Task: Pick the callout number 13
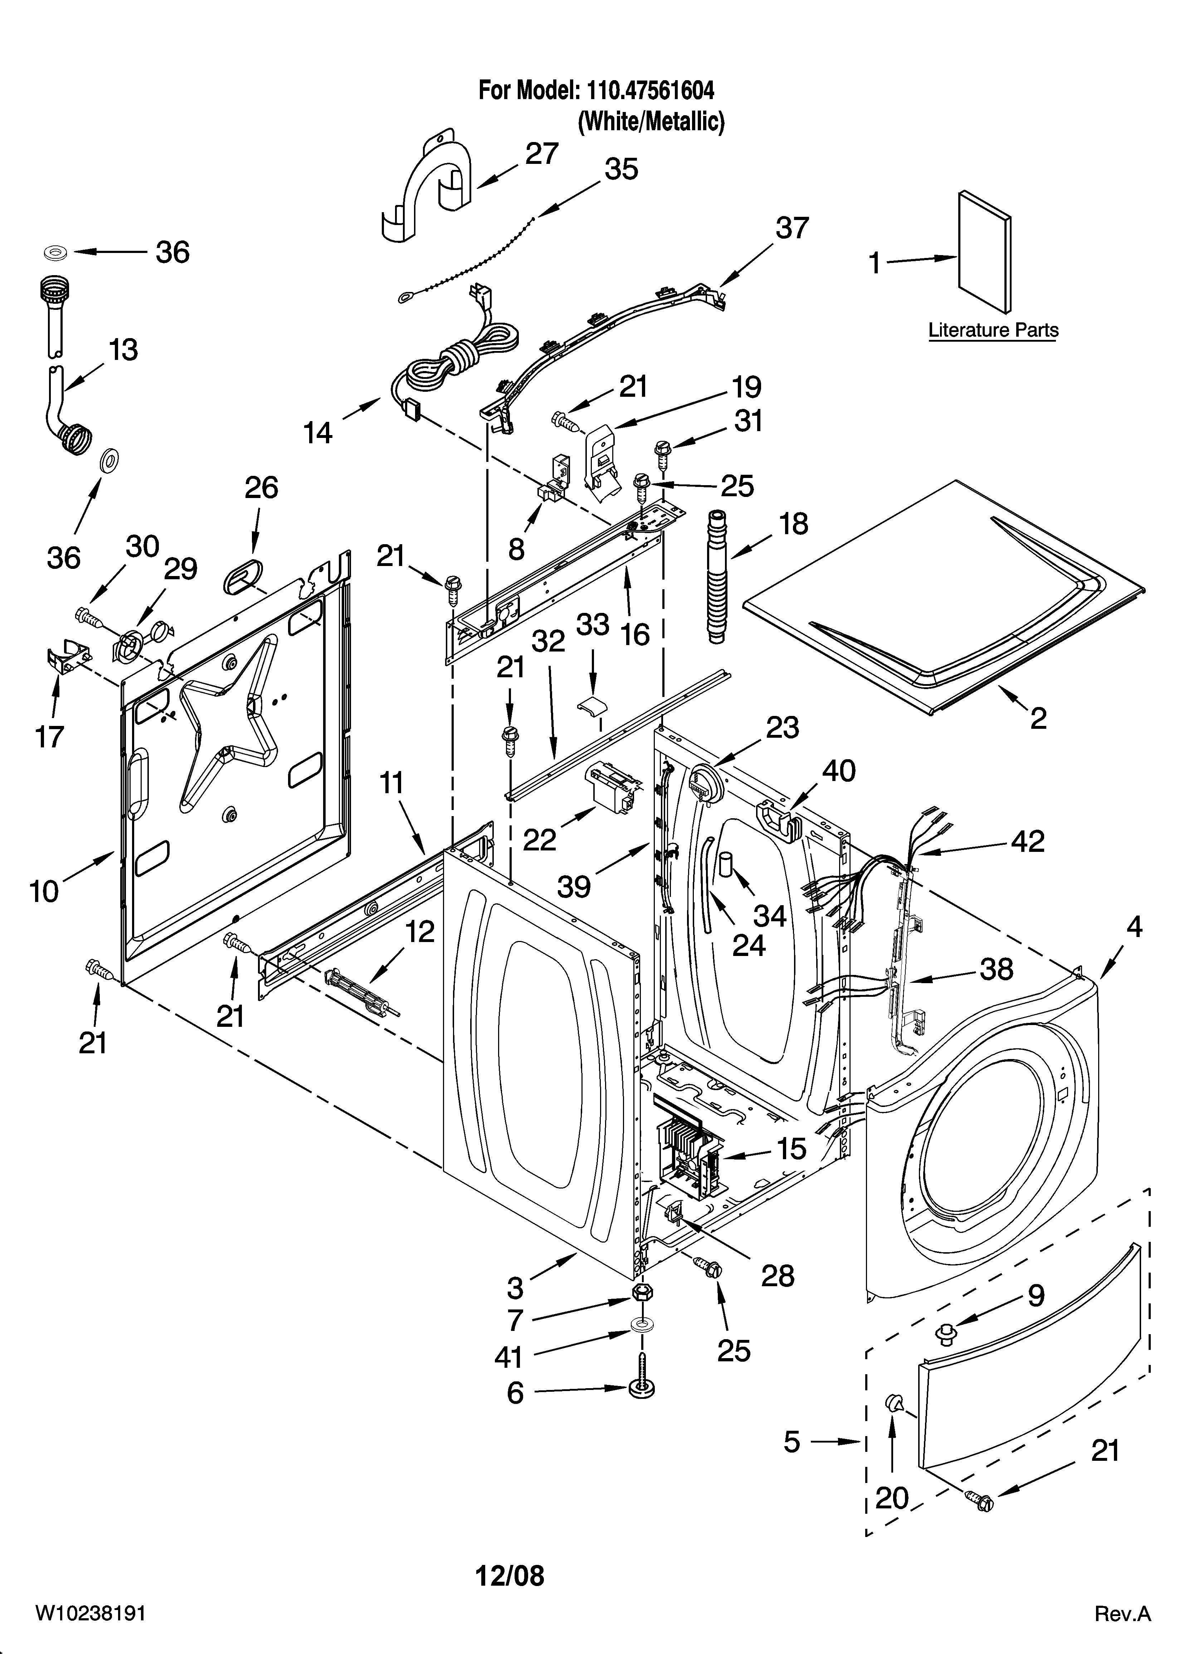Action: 123,350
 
